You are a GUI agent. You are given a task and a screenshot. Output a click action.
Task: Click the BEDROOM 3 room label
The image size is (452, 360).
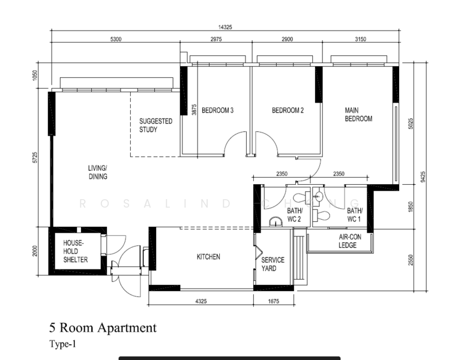coord(217,110)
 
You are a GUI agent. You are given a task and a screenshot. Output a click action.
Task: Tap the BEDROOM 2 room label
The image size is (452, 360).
coord(288,110)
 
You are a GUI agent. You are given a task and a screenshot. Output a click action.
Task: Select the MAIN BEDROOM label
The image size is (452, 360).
coord(358,115)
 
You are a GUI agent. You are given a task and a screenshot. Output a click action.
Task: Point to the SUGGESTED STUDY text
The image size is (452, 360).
coord(155,125)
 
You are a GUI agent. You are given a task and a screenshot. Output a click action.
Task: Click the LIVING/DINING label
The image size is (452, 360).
coord(97,172)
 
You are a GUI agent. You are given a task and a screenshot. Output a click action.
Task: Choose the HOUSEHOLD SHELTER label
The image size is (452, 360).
coord(76,251)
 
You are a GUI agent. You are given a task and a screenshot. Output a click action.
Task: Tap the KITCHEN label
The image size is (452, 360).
coord(208,257)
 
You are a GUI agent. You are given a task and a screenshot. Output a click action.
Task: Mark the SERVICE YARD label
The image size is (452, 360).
coord(273,264)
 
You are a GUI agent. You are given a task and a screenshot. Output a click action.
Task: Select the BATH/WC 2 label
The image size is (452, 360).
coord(295,215)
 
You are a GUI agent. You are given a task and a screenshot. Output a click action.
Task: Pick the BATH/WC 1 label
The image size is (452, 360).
coord(355,215)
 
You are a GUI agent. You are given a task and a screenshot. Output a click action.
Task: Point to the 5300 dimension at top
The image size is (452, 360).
coord(115,39)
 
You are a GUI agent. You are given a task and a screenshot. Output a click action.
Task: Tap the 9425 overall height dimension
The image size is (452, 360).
coord(423,176)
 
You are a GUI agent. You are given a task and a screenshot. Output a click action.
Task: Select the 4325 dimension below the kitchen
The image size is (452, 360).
coord(200,301)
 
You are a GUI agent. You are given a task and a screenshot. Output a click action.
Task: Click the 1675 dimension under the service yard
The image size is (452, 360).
coord(273,301)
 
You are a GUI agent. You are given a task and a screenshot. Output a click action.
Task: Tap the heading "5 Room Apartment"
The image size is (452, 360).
coord(103,328)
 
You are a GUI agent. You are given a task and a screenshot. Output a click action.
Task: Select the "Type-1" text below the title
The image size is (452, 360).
coord(62,344)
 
